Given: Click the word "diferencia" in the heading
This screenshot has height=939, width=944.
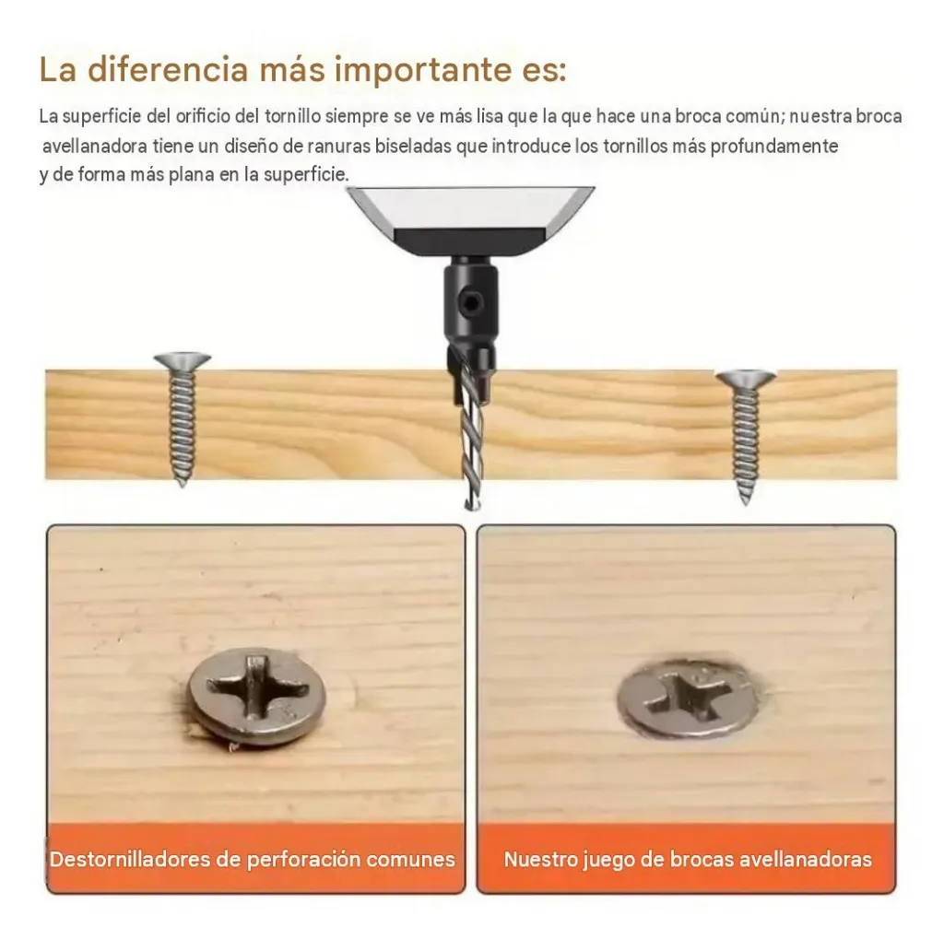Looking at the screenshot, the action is click(x=168, y=69).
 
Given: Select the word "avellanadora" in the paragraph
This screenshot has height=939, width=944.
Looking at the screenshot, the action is click(x=95, y=147).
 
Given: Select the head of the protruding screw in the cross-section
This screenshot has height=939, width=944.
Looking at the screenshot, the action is click(x=183, y=360).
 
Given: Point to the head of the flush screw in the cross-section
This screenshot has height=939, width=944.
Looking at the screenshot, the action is click(x=745, y=379).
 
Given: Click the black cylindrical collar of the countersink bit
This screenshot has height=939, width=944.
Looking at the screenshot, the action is click(x=471, y=298).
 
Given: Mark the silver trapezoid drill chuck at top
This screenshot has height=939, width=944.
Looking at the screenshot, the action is click(x=470, y=219).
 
